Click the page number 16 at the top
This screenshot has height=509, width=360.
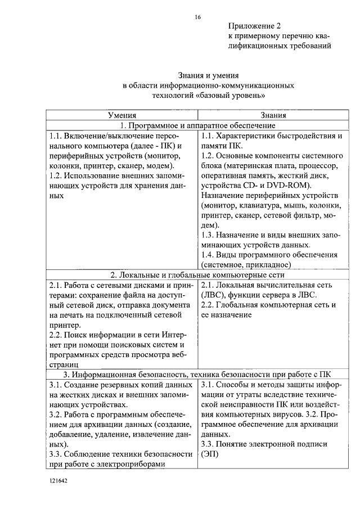point(197,17)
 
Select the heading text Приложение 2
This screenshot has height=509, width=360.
point(254,26)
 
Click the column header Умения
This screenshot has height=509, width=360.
point(122,115)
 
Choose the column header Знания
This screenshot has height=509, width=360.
point(273,115)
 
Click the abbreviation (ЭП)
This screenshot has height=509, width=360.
point(208,454)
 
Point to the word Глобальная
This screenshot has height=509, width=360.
point(239,305)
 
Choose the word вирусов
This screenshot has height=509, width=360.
point(277,424)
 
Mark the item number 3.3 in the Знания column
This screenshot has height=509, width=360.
point(208,444)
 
